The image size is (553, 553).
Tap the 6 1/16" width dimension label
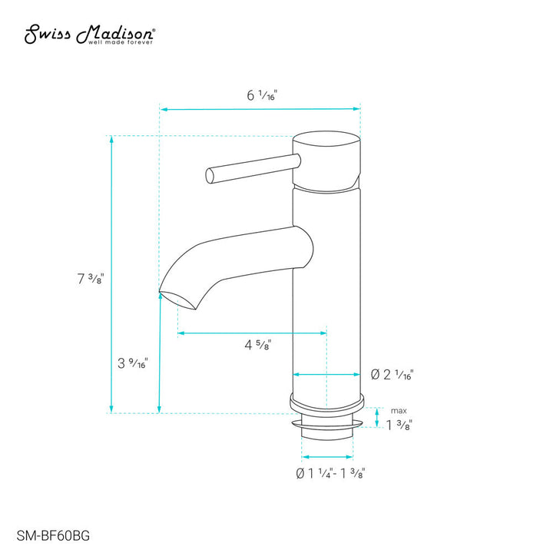(x=261, y=96)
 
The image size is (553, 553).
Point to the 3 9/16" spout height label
(x=132, y=363)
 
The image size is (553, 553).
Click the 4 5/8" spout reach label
(x=257, y=345)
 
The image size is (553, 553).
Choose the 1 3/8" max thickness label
(x=399, y=425)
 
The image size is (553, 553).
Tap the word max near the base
(x=399, y=410)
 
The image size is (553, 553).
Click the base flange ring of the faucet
(x=326, y=404)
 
